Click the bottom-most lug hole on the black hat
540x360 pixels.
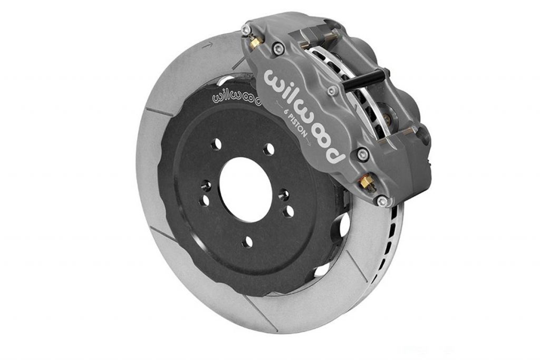click(x=247, y=242)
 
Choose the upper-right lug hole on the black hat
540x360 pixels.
click(x=268, y=149)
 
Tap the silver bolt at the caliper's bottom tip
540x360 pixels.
click(x=383, y=200)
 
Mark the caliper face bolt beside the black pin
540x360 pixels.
click(x=332, y=91)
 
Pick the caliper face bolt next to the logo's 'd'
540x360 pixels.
click(x=362, y=155)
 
